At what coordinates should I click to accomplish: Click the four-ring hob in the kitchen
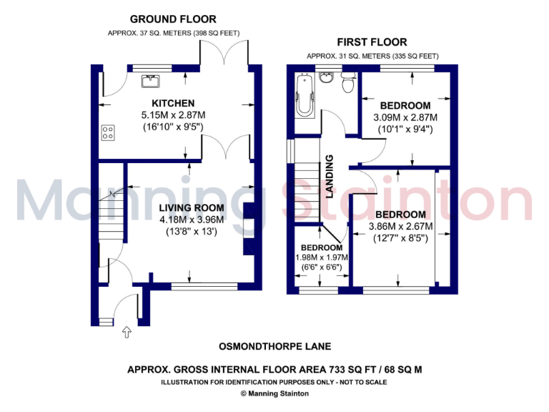point(109,132)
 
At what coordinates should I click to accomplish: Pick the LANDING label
point(330,177)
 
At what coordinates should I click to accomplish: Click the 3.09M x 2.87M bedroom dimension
point(405,118)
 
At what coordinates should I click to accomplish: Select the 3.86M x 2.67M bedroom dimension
point(400,227)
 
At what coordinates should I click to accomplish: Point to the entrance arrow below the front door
point(127,331)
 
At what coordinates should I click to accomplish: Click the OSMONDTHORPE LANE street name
point(274,346)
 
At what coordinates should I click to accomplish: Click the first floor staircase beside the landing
point(305,190)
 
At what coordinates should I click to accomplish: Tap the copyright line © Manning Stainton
point(274,393)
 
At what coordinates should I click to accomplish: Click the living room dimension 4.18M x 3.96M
point(191,220)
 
